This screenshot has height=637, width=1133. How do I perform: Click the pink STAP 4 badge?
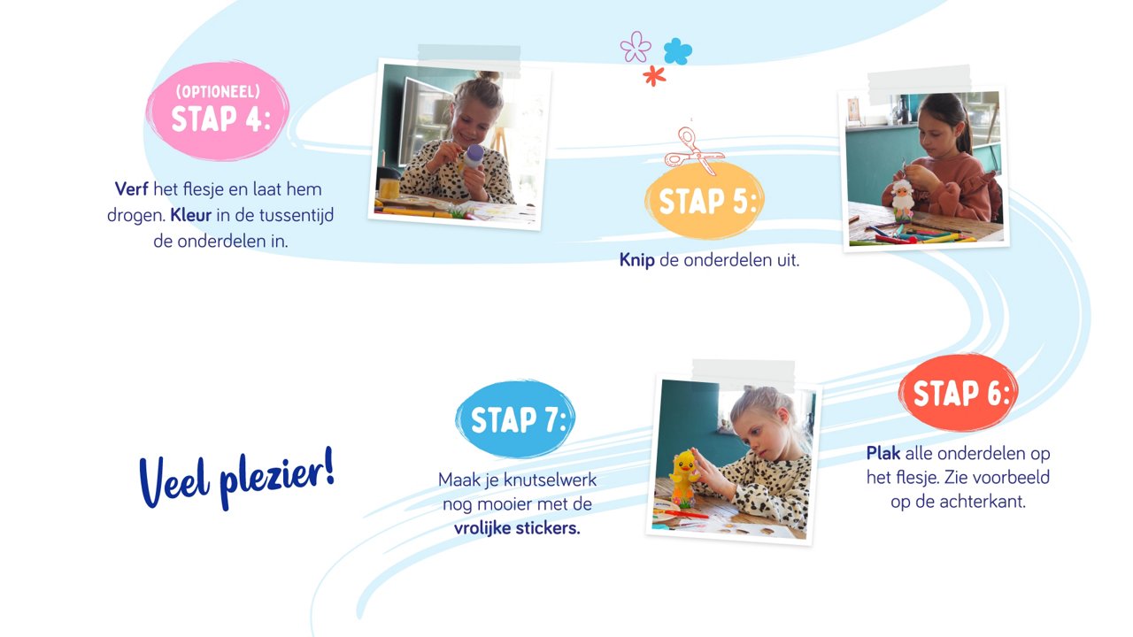[218, 111]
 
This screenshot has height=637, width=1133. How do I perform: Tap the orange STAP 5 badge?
[705, 201]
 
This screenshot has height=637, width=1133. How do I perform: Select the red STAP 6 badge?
[959, 392]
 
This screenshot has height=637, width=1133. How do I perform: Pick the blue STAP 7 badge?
[515, 419]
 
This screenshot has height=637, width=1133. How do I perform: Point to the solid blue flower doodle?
[678, 51]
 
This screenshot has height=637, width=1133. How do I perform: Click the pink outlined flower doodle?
[636, 47]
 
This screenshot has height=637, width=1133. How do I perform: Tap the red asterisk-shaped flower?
[654, 76]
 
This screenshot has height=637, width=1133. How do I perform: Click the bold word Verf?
[132, 189]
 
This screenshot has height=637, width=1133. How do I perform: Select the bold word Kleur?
[190, 215]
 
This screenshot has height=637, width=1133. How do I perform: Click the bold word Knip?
[636, 260]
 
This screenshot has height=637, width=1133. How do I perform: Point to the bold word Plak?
[883, 453]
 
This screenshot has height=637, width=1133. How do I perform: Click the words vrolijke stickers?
[517, 528]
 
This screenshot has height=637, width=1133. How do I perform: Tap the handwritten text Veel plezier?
[236, 479]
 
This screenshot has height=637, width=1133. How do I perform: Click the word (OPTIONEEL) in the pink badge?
[218, 91]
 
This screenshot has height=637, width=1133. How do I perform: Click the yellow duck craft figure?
[684, 478]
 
